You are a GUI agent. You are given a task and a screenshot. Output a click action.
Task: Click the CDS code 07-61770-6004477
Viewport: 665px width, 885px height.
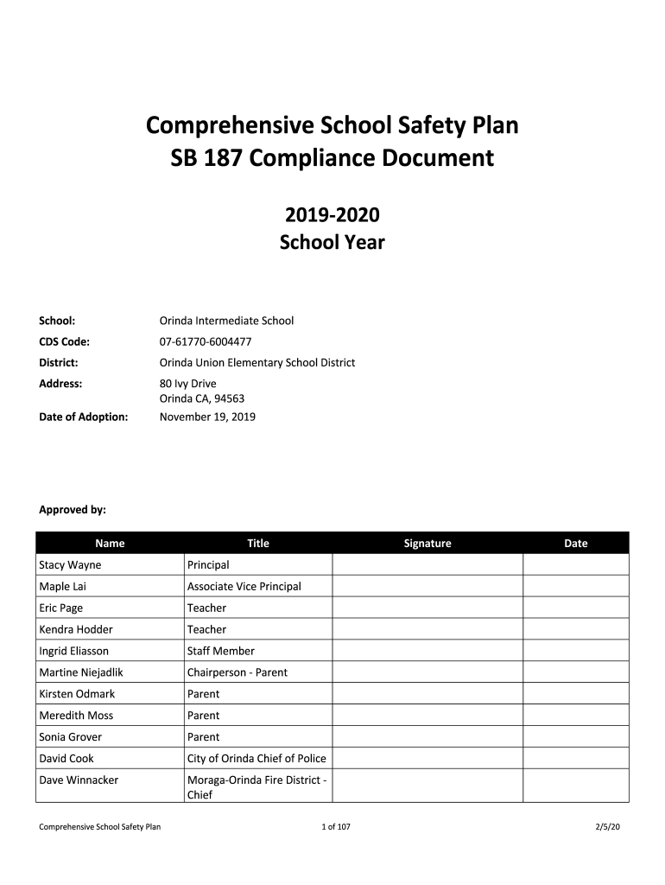pyautogui.click(x=206, y=341)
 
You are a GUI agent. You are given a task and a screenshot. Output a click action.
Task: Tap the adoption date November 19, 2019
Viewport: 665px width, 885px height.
pyautogui.click(x=207, y=417)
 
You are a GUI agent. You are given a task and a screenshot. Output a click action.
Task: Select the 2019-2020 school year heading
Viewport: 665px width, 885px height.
pyautogui.click(x=332, y=215)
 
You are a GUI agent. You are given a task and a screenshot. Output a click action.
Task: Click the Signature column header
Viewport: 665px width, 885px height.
pyautogui.click(x=427, y=544)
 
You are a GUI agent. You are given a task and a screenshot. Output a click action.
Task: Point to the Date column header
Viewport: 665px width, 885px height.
pyautogui.click(x=575, y=544)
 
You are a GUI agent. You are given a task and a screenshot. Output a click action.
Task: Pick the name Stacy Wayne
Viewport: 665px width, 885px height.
pyautogui.click(x=70, y=565)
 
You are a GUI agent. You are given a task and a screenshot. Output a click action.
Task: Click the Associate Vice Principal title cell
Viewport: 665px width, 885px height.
pyautogui.click(x=244, y=587)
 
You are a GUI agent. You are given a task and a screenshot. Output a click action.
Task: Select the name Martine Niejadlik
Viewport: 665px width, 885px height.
pyautogui.click(x=81, y=672)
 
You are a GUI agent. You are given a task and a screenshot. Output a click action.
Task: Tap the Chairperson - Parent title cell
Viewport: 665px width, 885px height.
pyautogui.click(x=237, y=672)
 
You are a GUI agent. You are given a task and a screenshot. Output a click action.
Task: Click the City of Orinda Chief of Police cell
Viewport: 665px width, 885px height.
pyautogui.click(x=256, y=759)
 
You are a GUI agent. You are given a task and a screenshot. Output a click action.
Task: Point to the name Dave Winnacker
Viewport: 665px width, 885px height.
pyautogui.click(x=79, y=780)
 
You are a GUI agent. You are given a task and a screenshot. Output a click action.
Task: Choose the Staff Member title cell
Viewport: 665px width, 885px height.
pyautogui.click(x=221, y=651)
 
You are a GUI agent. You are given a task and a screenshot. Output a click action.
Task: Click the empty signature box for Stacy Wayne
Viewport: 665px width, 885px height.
pyautogui.click(x=427, y=565)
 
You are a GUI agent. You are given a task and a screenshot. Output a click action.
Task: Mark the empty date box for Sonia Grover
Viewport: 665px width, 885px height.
pyautogui.click(x=575, y=737)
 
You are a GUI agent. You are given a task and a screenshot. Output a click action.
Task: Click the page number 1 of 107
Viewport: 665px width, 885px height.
pyautogui.click(x=335, y=828)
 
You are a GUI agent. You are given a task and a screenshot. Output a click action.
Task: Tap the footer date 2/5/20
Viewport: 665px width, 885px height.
pyautogui.click(x=608, y=828)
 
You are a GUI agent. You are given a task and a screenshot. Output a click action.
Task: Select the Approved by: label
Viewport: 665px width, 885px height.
pyautogui.click(x=73, y=510)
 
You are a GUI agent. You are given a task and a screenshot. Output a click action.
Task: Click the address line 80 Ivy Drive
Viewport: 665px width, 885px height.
pyautogui.click(x=188, y=384)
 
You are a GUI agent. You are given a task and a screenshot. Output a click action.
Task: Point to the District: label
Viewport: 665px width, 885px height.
pyautogui.click(x=59, y=363)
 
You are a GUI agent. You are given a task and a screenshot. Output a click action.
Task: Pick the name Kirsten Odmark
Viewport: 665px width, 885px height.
pyautogui.click(x=77, y=694)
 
